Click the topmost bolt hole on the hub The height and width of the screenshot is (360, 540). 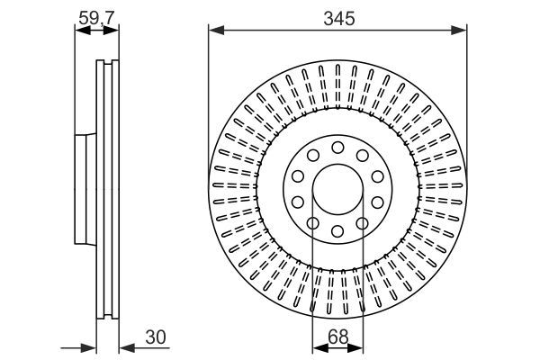337,148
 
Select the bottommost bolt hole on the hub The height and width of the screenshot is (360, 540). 337,232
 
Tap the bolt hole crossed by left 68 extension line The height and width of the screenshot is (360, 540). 313,224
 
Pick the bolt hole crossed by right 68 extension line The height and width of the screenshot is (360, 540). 362,224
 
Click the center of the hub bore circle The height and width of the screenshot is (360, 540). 337,190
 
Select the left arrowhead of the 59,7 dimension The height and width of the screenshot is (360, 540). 78,31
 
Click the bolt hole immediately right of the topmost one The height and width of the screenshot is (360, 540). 362,156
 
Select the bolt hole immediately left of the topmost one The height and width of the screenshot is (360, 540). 313,156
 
